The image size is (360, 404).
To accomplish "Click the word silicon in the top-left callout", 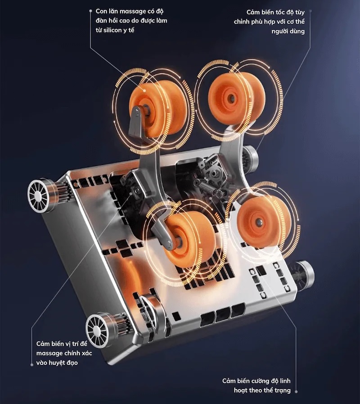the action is coord(112,30).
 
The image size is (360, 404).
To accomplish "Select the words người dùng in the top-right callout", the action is coord(288,32).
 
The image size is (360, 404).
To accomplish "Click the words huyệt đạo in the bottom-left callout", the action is coord(63,363).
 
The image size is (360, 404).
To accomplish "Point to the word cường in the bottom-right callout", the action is coord(260,381).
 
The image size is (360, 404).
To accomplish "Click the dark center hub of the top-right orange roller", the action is coord(231,98).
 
